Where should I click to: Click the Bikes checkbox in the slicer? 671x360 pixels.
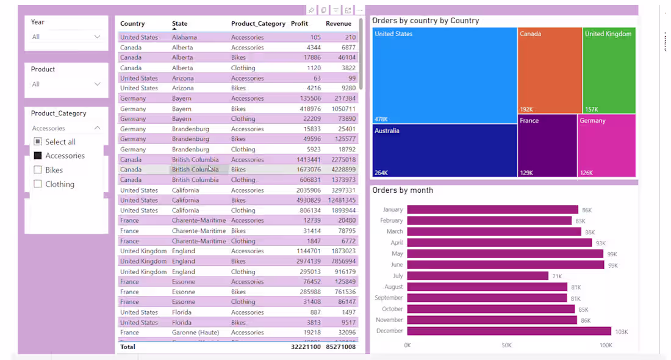pyautogui.click(x=38, y=170)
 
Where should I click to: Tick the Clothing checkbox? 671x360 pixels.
pyautogui.click(x=38, y=184)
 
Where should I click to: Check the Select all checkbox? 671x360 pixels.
pyautogui.click(x=38, y=142)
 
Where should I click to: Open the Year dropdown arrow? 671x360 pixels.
pyautogui.click(x=97, y=37)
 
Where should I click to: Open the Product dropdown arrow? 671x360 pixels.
pyautogui.click(x=97, y=84)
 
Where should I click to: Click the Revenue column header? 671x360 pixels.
pyautogui.click(x=339, y=24)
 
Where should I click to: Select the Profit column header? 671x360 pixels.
pyautogui.click(x=300, y=24)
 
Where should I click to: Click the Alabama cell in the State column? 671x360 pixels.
pyautogui.click(x=184, y=37)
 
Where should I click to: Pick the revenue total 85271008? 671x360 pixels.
pyautogui.click(x=340, y=347)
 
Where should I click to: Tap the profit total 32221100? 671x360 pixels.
pyautogui.click(x=306, y=347)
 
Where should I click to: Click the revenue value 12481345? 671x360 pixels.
pyautogui.click(x=341, y=200)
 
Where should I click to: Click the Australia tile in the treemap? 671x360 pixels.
pyautogui.click(x=444, y=151)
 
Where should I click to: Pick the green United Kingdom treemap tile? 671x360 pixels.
pyautogui.click(x=609, y=70)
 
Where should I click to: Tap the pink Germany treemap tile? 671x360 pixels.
pyautogui.click(x=606, y=146)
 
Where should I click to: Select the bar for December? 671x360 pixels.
pyautogui.click(x=509, y=331)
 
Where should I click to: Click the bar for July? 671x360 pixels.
pyautogui.click(x=478, y=276)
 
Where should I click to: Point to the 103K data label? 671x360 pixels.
pyautogui.click(x=621, y=332)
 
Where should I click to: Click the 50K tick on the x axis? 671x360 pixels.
pyautogui.click(x=506, y=345)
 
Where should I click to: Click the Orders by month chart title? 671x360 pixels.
pyautogui.click(x=403, y=190)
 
